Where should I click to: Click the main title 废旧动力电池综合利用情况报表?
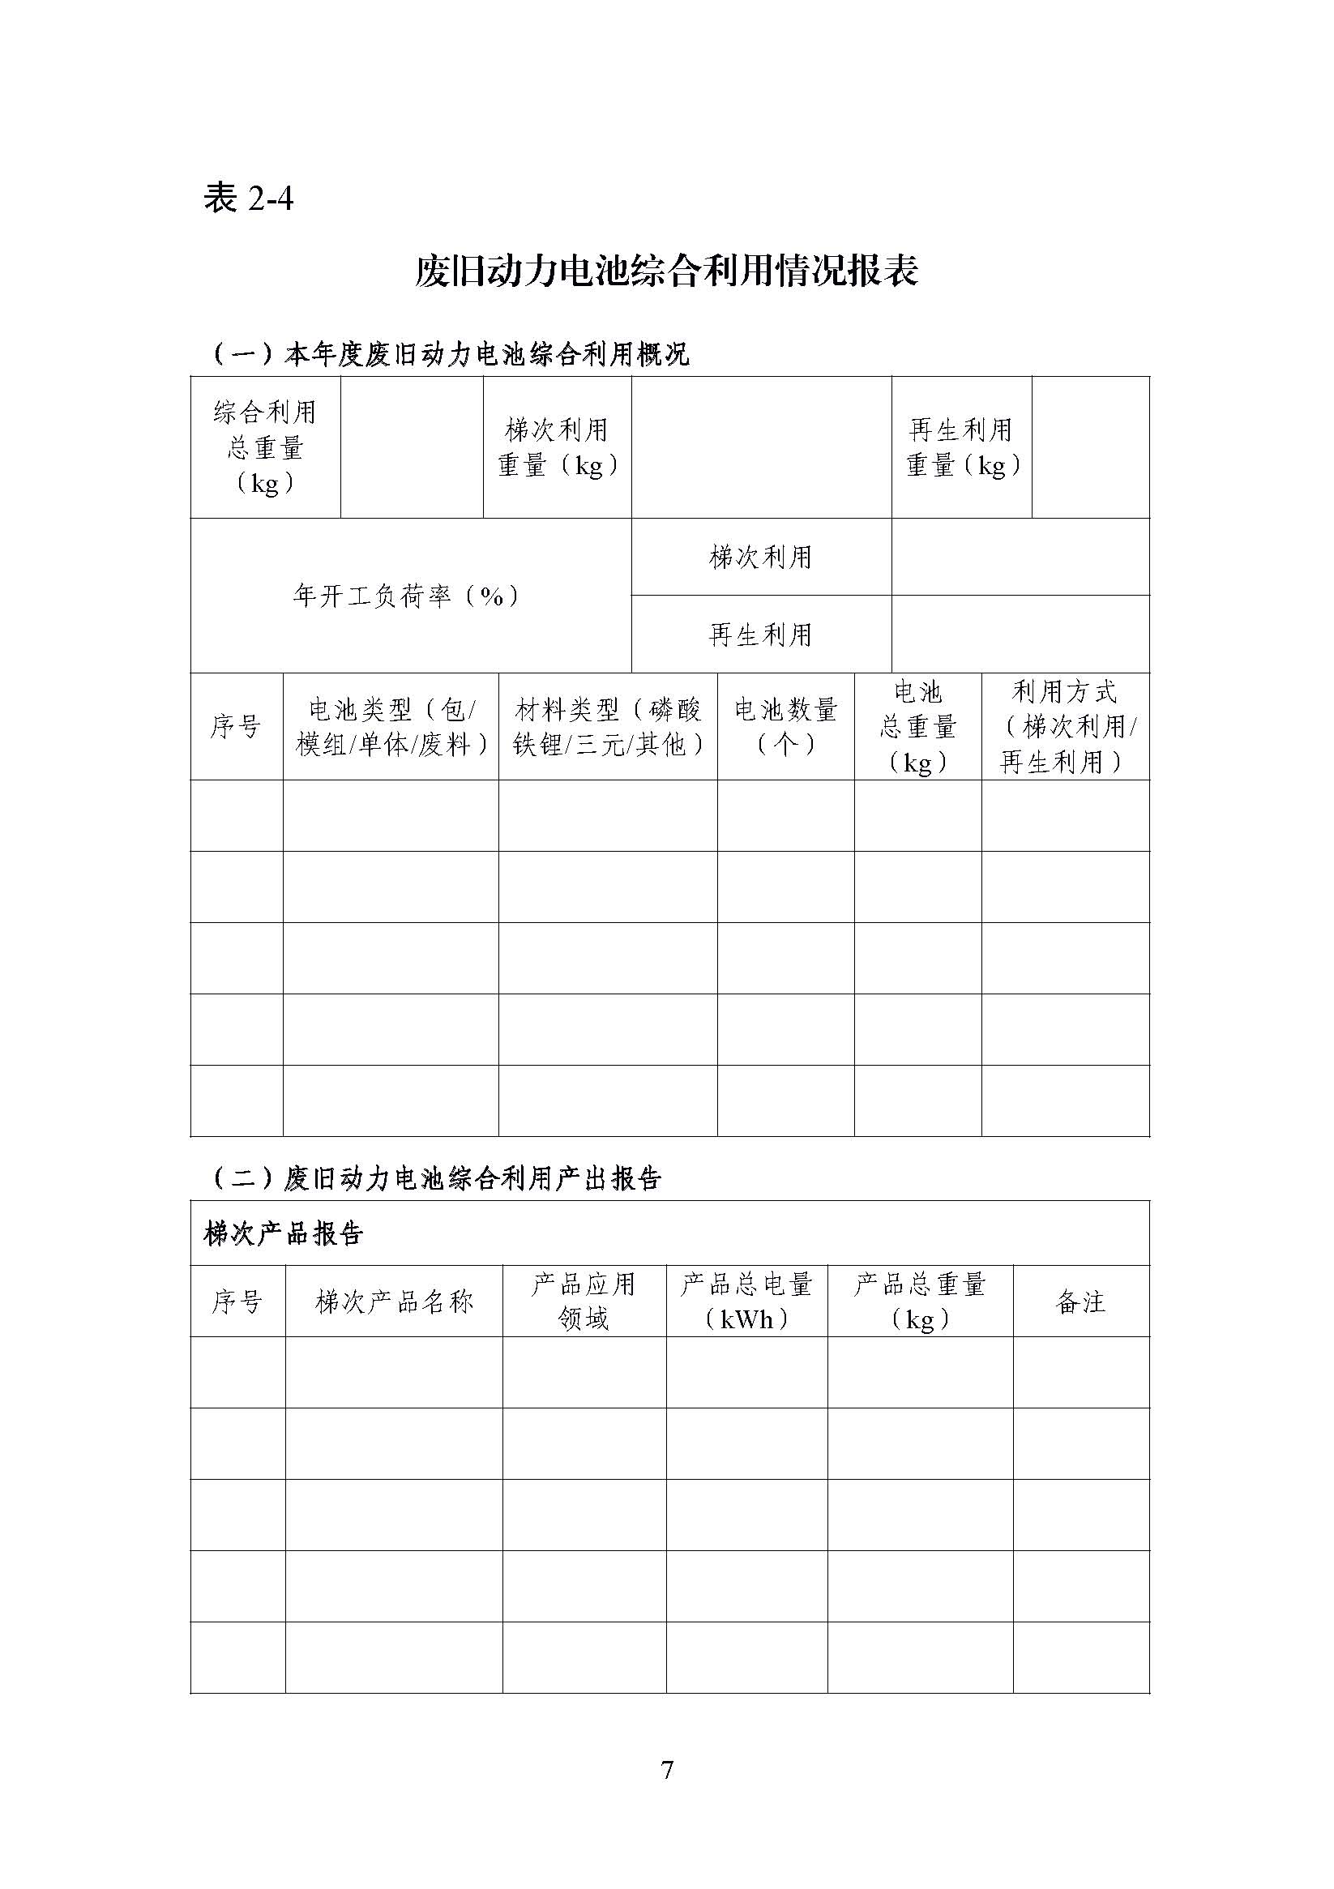(x=665, y=271)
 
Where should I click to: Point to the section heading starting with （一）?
(x=450, y=355)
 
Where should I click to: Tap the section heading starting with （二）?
(x=436, y=1178)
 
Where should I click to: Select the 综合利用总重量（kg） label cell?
(x=265, y=447)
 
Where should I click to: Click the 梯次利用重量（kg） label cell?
(x=557, y=447)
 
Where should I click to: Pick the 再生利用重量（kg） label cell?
(x=961, y=447)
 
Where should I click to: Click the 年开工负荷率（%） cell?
(x=410, y=596)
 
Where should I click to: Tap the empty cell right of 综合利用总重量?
(x=412, y=447)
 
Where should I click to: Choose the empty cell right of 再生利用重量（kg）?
(x=1089, y=447)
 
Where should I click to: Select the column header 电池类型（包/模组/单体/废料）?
(x=391, y=726)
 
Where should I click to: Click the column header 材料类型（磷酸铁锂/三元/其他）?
(x=607, y=726)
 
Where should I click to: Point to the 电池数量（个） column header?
(x=785, y=726)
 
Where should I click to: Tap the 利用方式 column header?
(x=1065, y=726)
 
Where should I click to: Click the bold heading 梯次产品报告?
(x=283, y=1234)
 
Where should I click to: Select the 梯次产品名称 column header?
(x=394, y=1301)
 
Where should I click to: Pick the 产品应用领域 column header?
(x=584, y=1301)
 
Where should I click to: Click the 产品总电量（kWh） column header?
(x=746, y=1301)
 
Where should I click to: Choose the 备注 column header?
(x=1080, y=1301)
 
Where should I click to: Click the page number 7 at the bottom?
(x=666, y=1770)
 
